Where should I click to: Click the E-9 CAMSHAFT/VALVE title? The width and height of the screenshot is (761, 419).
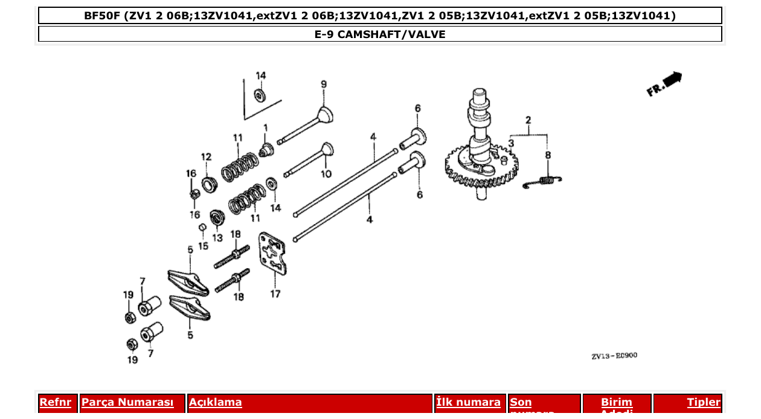point(380,34)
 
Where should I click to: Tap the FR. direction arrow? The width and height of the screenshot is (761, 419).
point(664,84)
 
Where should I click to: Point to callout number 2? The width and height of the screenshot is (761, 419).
point(528,120)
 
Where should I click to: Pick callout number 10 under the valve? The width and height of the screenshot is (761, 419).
point(326,174)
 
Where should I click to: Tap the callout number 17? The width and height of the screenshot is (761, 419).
point(275,294)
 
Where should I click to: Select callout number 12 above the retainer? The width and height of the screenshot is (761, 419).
point(206,157)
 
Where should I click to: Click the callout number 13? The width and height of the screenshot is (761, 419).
point(217,238)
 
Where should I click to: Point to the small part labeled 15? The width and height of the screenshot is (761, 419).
point(203,227)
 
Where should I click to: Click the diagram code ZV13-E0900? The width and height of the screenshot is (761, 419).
point(614,356)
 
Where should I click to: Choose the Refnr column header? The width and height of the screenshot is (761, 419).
point(55,403)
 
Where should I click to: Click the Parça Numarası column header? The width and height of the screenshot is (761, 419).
point(127,403)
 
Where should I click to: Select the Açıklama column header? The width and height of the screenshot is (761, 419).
point(216,403)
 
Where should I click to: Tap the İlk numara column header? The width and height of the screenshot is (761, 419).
point(468,403)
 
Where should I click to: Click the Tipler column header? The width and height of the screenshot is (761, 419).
point(703,403)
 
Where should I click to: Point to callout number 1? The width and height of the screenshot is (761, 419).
point(265,127)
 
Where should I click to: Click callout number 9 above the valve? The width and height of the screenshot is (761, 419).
point(323,85)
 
